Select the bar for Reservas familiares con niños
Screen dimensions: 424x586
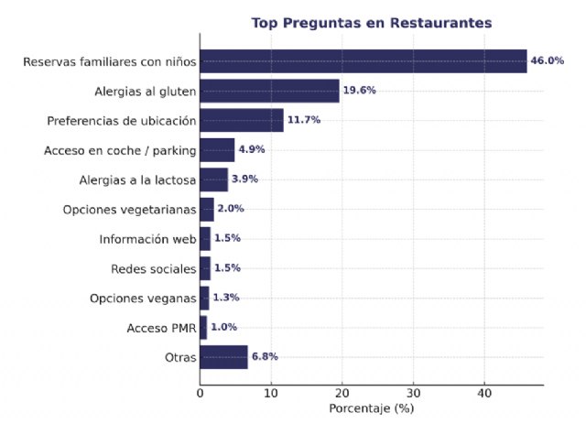click(x=363, y=61)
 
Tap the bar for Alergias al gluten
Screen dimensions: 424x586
click(x=269, y=91)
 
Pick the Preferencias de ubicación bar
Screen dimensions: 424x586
click(x=242, y=120)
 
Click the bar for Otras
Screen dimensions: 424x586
click(x=223, y=356)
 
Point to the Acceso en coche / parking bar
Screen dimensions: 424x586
click(x=217, y=149)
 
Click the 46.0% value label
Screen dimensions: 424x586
click(x=547, y=61)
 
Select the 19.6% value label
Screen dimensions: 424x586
click(x=359, y=91)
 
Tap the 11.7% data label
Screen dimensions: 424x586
click(x=303, y=120)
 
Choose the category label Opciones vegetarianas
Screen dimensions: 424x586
click(x=129, y=210)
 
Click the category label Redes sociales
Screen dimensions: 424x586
click(x=153, y=269)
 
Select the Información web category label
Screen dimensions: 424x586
click(x=147, y=240)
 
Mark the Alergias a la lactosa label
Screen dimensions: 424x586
click(x=134, y=179)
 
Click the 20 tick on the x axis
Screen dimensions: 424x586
click(x=342, y=393)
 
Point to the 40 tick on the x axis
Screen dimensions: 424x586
click(x=484, y=393)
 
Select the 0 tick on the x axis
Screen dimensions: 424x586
click(x=201, y=393)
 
